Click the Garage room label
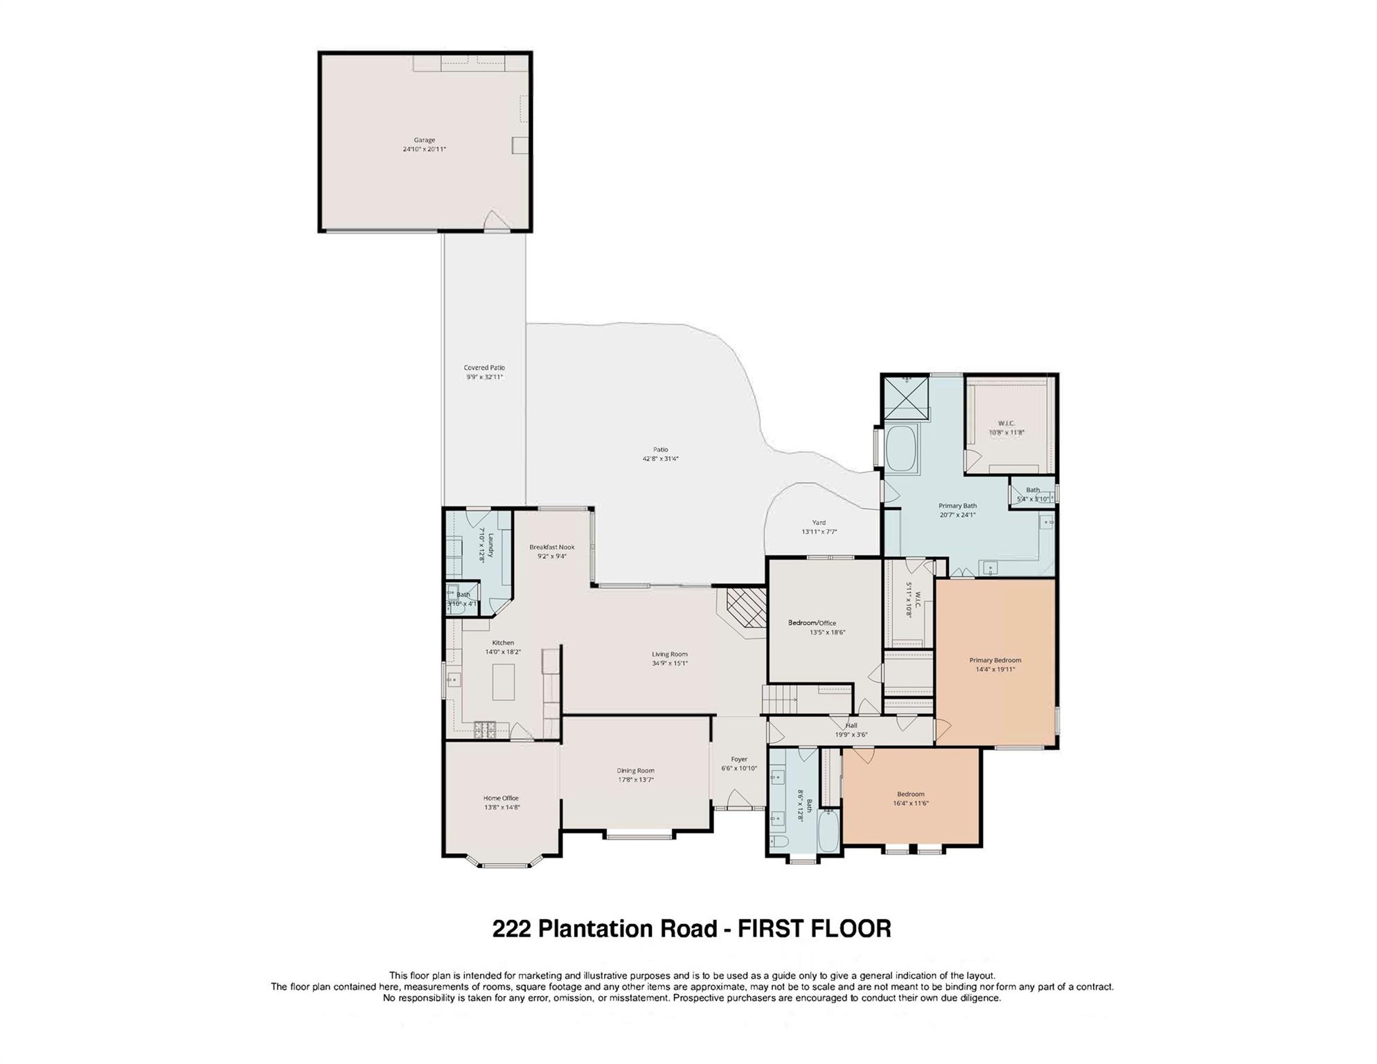click(x=425, y=140)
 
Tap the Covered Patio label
click(x=484, y=368)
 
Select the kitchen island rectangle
click(x=504, y=682)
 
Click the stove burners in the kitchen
click(x=485, y=729)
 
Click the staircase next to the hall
click(x=780, y=699)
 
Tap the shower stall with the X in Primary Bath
click(x=906, y=399)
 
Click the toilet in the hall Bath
click(x=779, y=842)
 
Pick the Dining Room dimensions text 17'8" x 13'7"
click(x=636, y=780)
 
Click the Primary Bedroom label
click(x=995, y=660)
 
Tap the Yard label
click(x=819, y=523)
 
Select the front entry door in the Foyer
click(x=740, y=804)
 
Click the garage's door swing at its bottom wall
click(x=496, y=222)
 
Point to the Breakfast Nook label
click(x=552, y=547)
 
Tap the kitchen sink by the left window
click(x=454, y=680)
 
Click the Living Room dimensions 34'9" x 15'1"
click(x=670, y=664)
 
